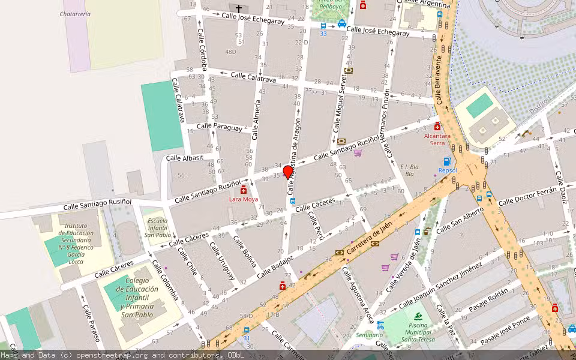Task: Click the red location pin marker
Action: pos(288,172)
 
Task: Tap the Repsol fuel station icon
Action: pos(446,161)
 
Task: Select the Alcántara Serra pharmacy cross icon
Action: pos(437,127)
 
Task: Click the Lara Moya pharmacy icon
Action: pos(243,190)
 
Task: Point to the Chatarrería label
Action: pos(76,13)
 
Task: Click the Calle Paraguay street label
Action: pos(220,127)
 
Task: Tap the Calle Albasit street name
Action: pos(185,157)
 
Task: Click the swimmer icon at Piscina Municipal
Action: pos(418,317)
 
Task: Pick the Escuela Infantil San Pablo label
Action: pos(157,227)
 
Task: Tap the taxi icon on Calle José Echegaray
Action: pos(341,24)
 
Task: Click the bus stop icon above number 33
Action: pos(323,26)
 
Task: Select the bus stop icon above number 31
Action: pos(246,329)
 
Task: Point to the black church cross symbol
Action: pos(239,8)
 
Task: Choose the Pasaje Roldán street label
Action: pos(488,298)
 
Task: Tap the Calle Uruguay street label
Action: pos(221,260)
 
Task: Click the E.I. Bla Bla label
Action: pos(409,170)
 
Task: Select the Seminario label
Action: pos(368,335)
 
